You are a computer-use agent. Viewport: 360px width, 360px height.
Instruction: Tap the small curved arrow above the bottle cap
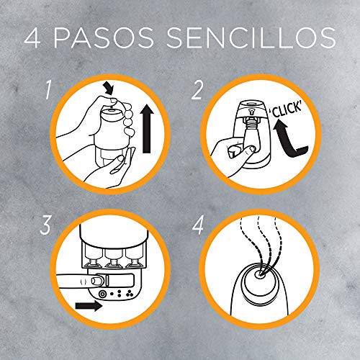109,89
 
